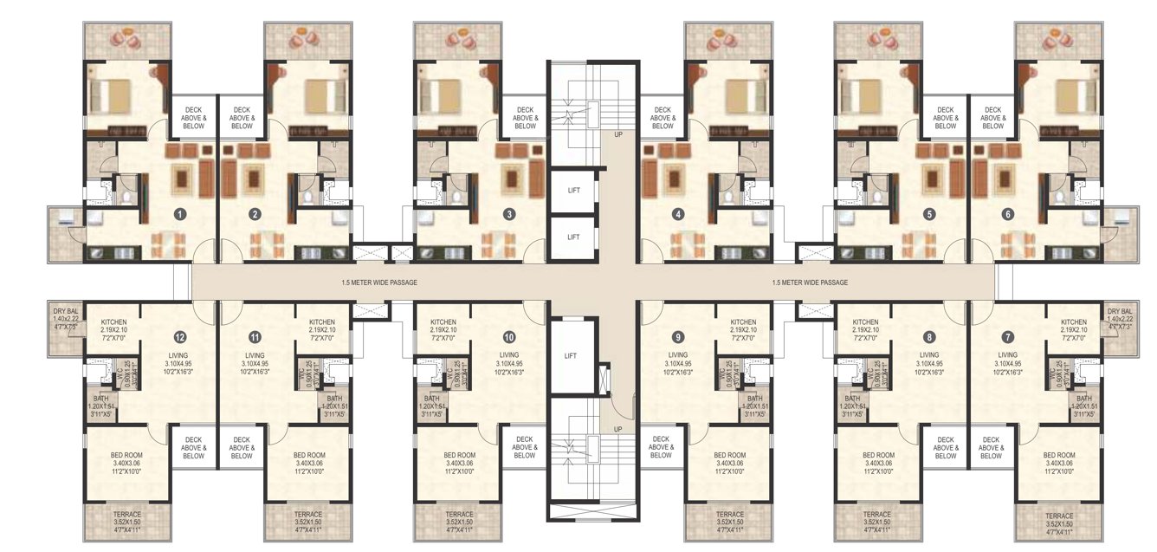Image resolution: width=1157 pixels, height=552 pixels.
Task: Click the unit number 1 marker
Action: tap(179, 213)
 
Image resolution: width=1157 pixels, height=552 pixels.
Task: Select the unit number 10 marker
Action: tap(509, 336)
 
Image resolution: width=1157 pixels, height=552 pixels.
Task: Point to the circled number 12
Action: tap(179, 336)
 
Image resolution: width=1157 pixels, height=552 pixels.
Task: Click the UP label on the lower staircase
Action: tap(617, 429)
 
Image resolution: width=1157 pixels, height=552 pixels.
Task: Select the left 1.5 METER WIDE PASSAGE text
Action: tap(367, 282)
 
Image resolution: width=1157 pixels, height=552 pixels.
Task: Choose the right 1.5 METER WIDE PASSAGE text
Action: tap(809, 282)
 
